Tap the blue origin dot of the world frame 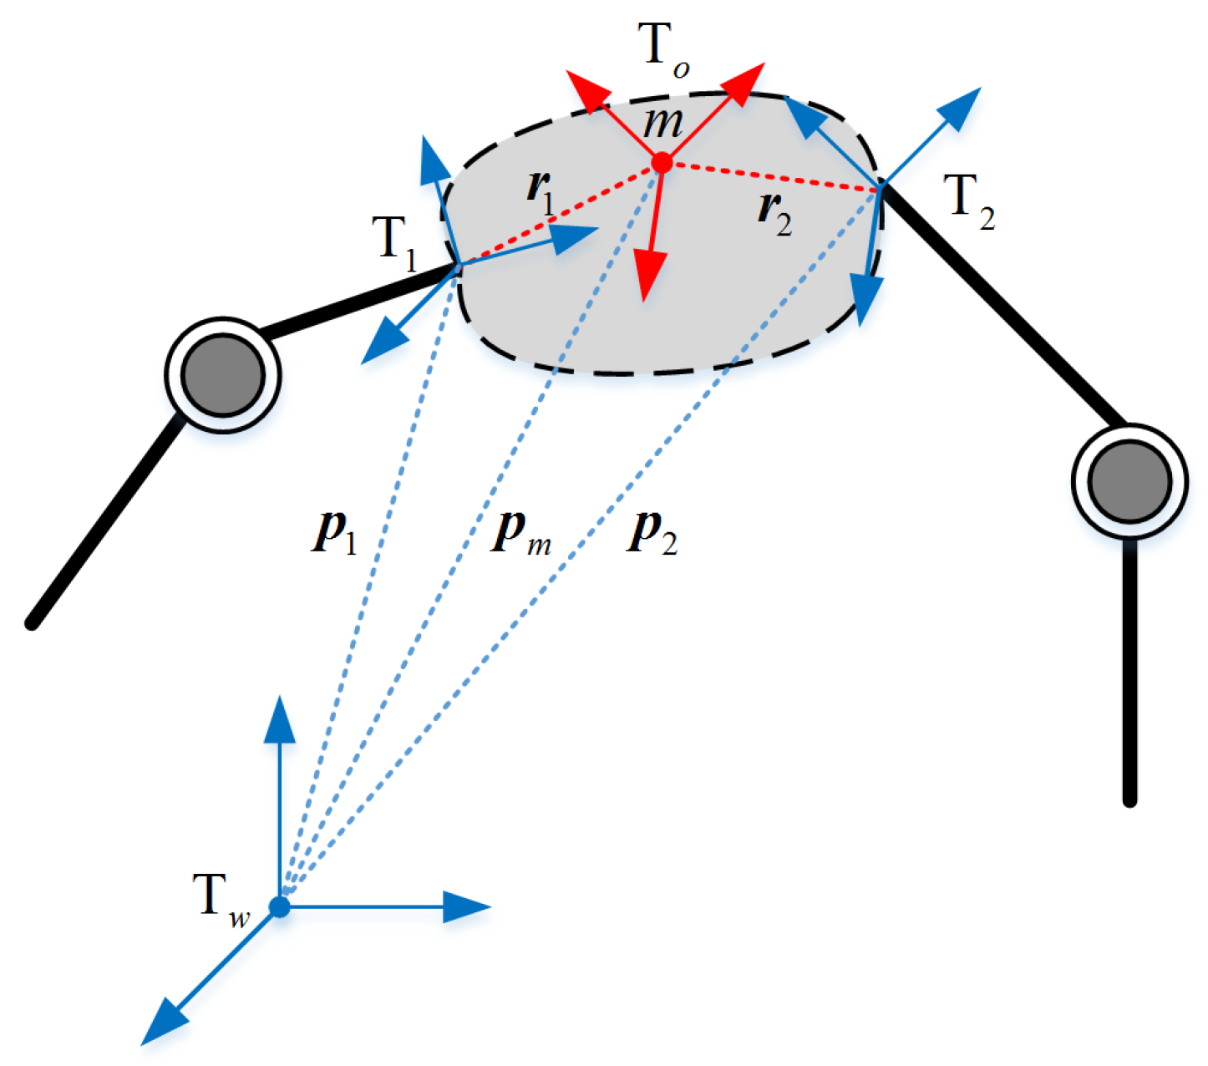pyautogui.click(x=280, y=906)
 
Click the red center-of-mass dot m pyautogui.click(x=662, y=162)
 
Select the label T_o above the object pyautogui.click(x=664, y=48)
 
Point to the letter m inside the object pyautogui.click(x=662, y=124)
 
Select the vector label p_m pyautogui.click(x=519, y=533)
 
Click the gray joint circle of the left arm pyautogui.click(x=223, y=374)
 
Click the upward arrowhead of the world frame pyautogui.click(x=280, y=718)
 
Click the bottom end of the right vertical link pyautogui.click(x=1129, y=800)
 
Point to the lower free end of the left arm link pyautogui.click(x=32, y=623)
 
